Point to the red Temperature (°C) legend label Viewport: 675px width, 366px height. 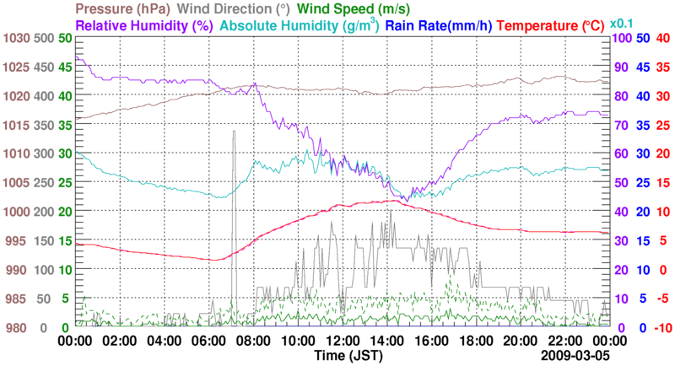coord(559,25)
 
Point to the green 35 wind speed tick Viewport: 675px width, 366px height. coord(65,125)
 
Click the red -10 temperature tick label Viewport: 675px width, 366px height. coord(661,327)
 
